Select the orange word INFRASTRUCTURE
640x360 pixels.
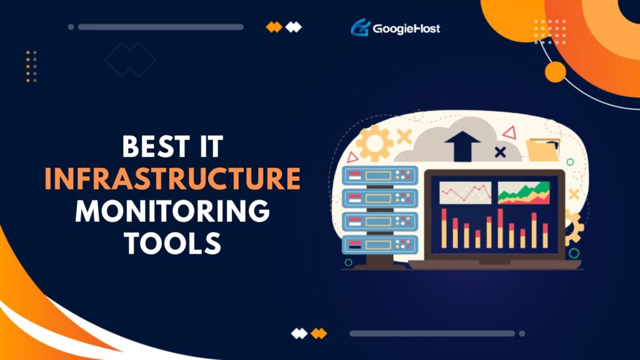[x=172, y=180]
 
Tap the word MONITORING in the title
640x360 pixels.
[x=172, y=212]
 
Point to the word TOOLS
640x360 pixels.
[x=172, y=243]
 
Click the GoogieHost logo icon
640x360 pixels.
[x=360, y=28]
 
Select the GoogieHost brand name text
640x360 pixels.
[x=406, y=29]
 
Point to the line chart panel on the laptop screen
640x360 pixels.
[x=465, y=193]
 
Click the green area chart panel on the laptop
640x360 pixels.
[x=524, y=193]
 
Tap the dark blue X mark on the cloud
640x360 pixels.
[x=500, y=151]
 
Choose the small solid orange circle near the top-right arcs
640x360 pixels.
[x=555, y=72]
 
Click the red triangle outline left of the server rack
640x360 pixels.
[x=352, y=157]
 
